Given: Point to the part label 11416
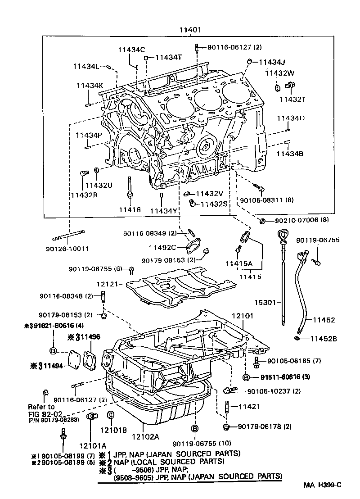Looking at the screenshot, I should click(130, 210).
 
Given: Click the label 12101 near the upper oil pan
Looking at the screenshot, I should click(243, 317).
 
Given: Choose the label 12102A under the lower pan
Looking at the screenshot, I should click(145, 436).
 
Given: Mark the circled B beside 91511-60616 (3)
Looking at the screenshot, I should click(246, 377).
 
